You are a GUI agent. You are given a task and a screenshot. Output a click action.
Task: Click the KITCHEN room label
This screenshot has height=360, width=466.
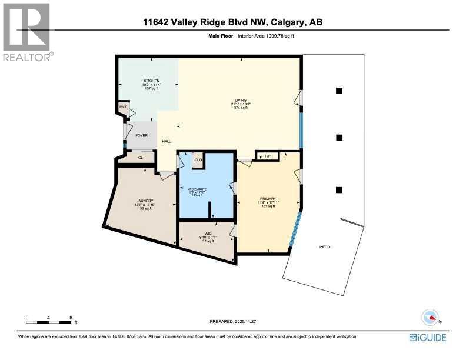click(152, 81)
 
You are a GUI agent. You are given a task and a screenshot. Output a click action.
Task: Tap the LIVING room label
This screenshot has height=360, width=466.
click(240, 101)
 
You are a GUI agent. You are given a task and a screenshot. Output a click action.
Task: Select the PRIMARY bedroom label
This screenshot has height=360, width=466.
click(268, 198)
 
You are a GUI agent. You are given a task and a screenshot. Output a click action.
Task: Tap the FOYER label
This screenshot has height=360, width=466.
click(141, 135)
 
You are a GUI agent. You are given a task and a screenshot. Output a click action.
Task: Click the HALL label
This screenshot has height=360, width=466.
click(167, 142)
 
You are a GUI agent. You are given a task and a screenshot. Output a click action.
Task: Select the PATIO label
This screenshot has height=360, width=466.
click(324, 246)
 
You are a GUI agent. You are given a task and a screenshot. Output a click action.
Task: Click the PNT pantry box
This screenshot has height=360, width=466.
click(123, 108)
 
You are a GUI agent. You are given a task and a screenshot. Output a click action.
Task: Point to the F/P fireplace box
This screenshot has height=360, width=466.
click(267, 156)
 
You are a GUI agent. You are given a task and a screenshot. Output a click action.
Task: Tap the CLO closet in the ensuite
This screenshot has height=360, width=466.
click(198, 159)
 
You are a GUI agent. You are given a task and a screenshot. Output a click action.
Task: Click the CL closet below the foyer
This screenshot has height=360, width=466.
click(141, 158)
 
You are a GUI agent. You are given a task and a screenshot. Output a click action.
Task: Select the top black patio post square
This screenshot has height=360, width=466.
click(339, 91)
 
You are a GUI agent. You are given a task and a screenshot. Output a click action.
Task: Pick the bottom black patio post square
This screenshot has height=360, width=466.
click(339, 189)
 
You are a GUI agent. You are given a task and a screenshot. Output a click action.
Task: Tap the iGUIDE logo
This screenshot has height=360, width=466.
click(428, 337)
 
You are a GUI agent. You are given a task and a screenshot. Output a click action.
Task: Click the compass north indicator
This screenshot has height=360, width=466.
click(431, 317)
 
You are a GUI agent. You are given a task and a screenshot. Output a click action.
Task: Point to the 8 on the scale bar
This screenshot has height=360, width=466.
click(71, 318)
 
